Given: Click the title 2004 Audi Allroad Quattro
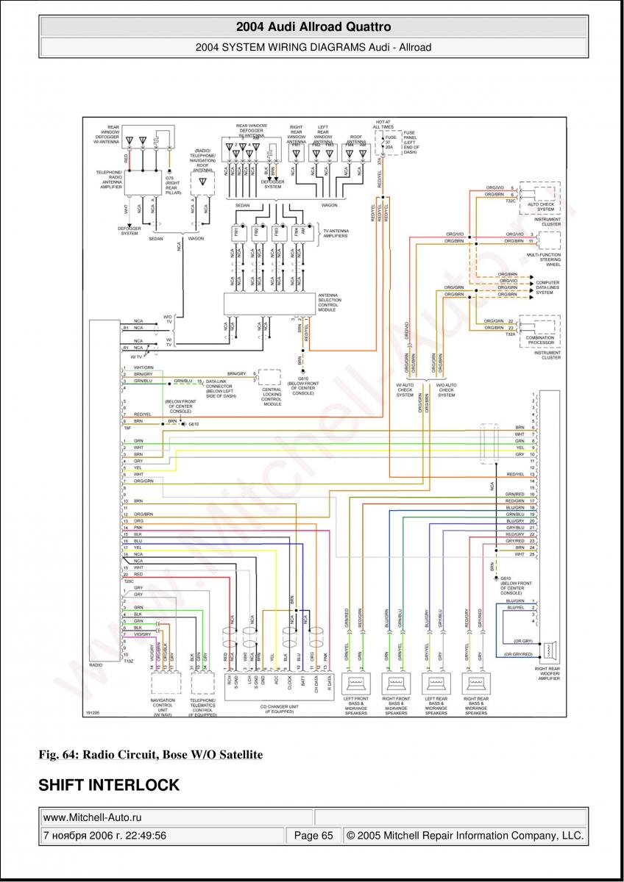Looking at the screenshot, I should pos(313,27).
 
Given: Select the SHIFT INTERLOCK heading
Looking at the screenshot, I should pos(109,786).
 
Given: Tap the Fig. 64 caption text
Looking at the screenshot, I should pos(150,755).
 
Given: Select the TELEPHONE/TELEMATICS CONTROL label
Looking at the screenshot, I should pos(202,708).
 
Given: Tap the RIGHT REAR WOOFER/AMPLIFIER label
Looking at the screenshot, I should pos(549,673).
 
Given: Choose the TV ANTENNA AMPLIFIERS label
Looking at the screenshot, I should pos(336,234).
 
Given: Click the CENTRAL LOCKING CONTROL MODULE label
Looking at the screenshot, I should pos(272,397).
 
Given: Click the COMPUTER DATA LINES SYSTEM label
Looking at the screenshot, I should pos(547,287).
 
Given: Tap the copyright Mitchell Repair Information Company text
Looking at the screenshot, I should pos(465,836).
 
